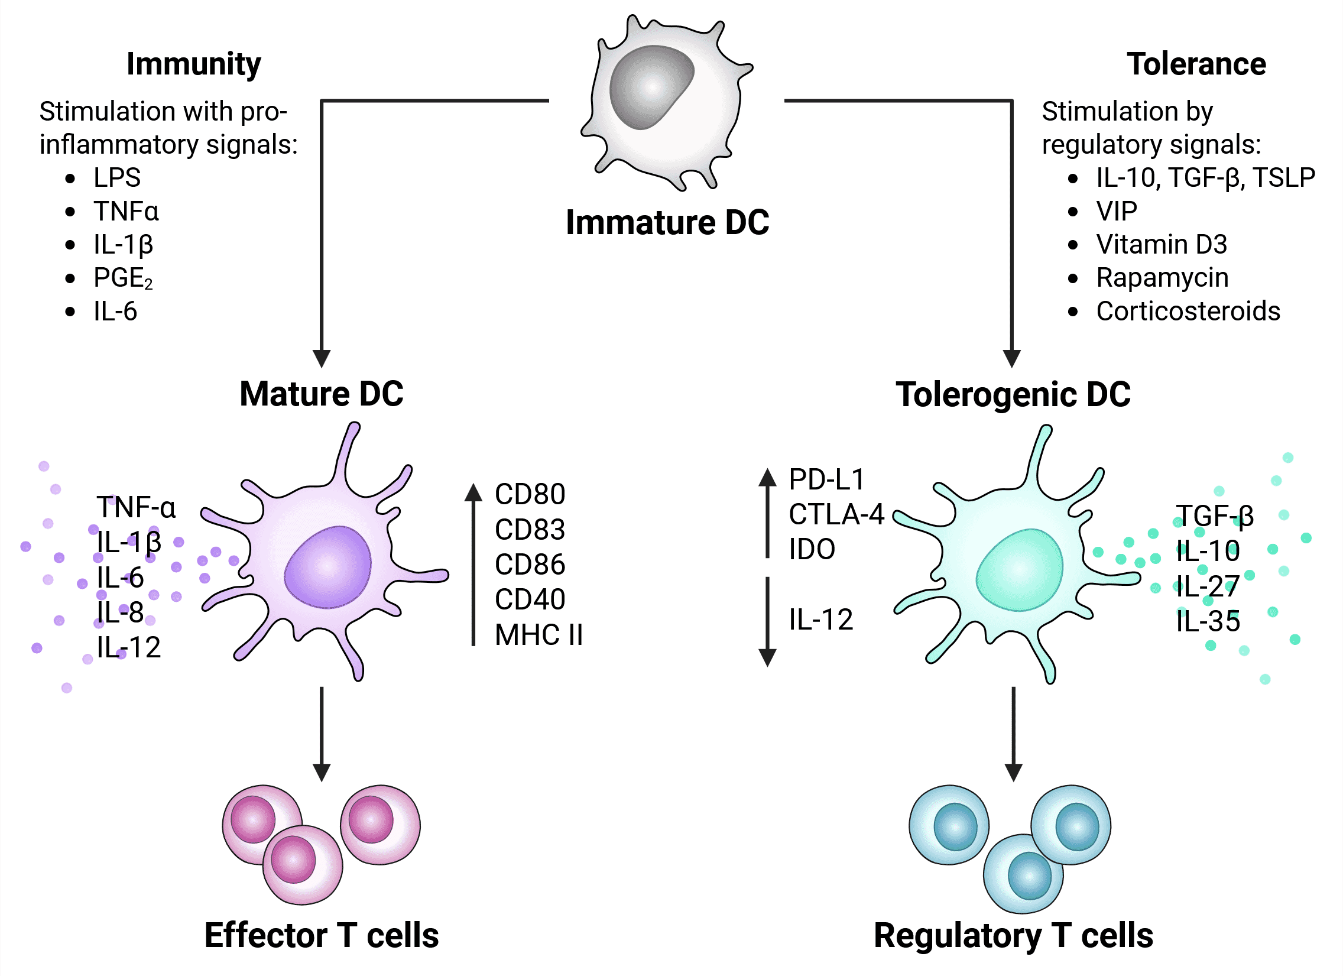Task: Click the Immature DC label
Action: coord(667,223)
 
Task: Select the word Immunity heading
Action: coord(193,64)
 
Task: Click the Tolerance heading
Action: coord(1196,64)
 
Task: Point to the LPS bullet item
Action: coord(116,178)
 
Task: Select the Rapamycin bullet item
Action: coord(1162,278)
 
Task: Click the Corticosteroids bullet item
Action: coord(1188,312)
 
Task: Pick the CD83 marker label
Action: coord(530,530)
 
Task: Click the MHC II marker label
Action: coord(539,635)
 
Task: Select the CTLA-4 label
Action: coord(835,515)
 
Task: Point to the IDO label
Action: coord(811,550)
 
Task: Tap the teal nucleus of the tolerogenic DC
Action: coord(1019,570)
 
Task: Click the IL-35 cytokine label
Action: coord(1208,622)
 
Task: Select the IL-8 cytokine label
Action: coord(120,612)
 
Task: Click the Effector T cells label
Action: coord(322,936)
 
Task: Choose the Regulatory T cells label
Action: coord(1013,936)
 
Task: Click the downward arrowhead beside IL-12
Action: coord(767,657)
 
